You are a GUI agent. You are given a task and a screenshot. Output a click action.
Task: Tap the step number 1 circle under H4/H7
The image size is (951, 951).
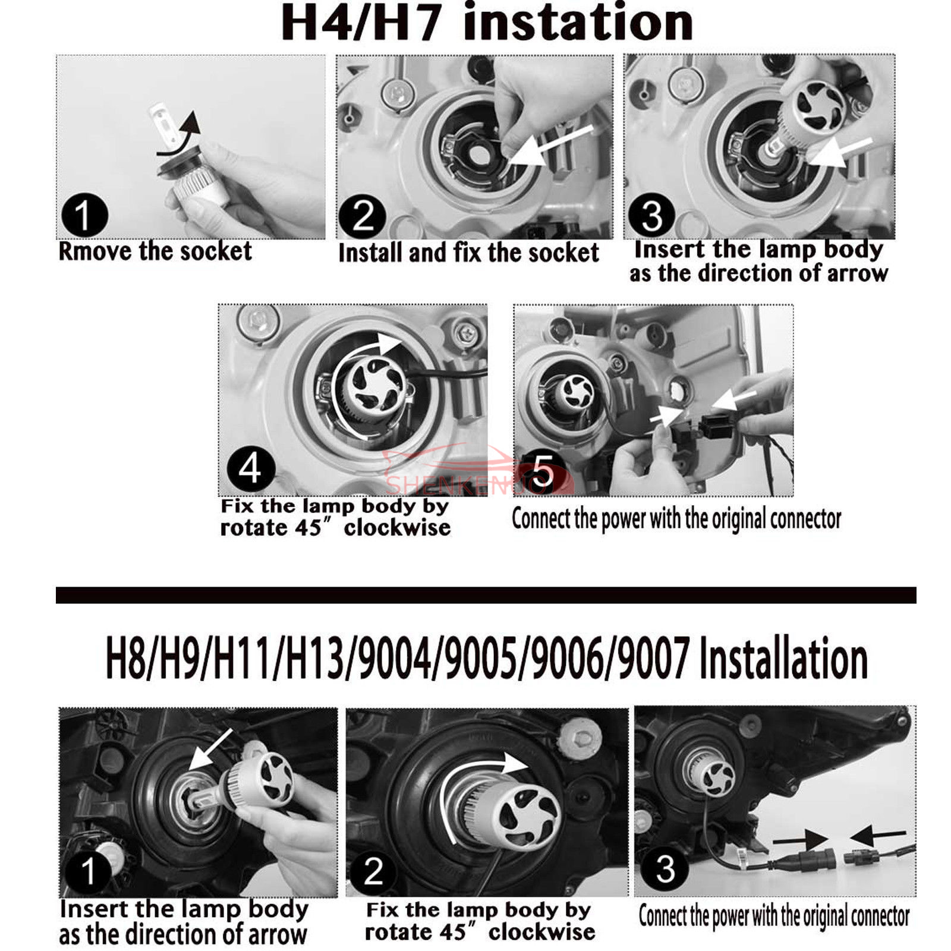point(84,215)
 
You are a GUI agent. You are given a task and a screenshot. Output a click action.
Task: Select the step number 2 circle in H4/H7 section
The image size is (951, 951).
point(362,216)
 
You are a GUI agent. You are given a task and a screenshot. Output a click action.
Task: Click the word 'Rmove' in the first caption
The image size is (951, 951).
point(95,252)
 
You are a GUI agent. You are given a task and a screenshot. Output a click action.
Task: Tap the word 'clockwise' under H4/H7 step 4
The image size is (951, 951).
point(397,528)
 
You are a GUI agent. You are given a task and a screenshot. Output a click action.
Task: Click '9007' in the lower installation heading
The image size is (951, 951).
point(653,658)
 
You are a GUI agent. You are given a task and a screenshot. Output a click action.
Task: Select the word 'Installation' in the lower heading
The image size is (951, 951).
point(783,658)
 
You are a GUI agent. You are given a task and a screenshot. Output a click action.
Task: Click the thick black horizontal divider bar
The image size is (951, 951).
point(486,595)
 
